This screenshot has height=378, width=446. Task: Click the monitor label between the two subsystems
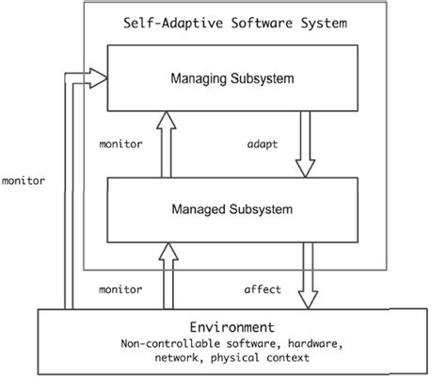tap(120, 144)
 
